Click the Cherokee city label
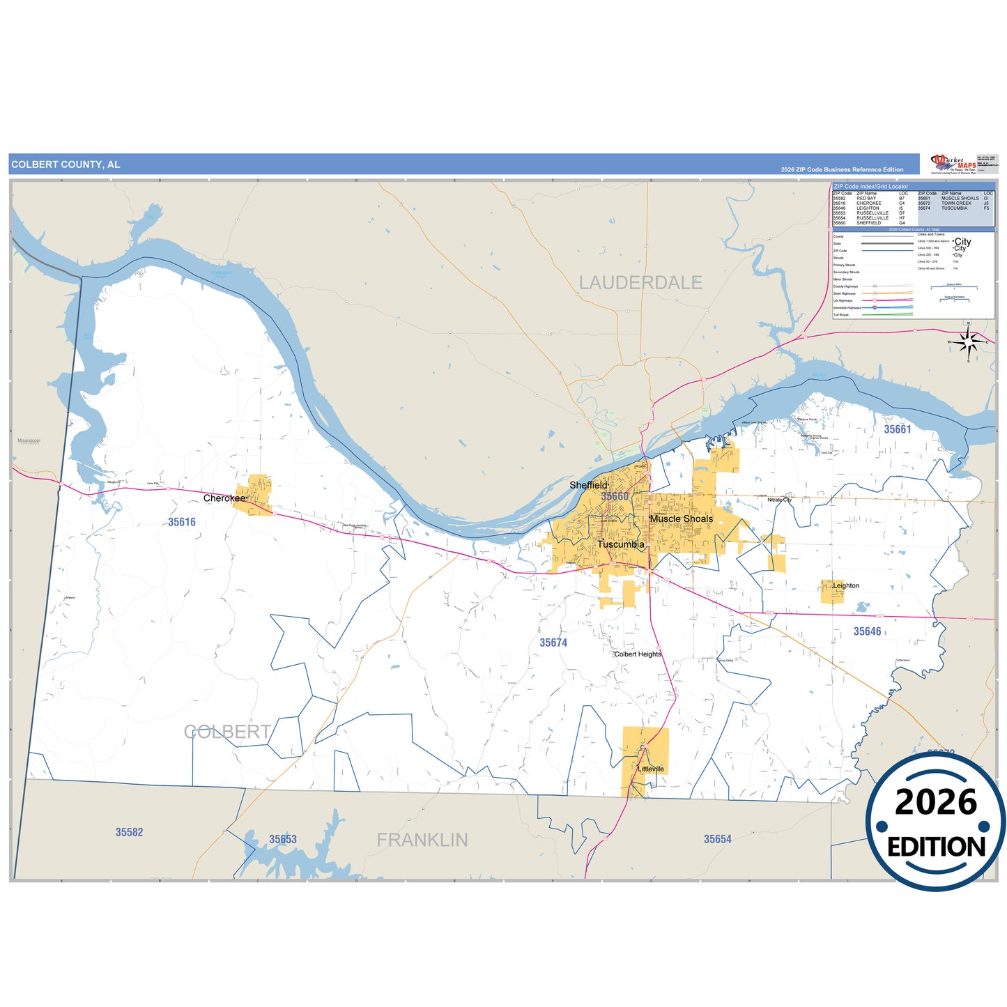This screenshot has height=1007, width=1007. coord(224,498)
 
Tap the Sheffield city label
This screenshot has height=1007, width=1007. coord(588,485)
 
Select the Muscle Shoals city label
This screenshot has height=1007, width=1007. coord(681,518)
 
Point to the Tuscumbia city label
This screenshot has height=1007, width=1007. coord(620,544)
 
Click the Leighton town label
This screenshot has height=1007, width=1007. coord(846,585)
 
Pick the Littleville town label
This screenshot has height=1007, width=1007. coord(651,769)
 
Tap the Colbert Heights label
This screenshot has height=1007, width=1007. coord(638,654)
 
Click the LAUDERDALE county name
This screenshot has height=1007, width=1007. coord(640,282)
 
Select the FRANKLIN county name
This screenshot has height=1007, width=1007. coord(422,840)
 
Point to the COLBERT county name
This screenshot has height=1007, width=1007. coord(227,732)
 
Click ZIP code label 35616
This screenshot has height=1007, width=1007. coord(182,522)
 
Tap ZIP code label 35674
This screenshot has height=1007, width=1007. coord(553,643)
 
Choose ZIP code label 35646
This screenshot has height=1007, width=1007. coord(867,631)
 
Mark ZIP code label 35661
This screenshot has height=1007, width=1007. coord(898,429)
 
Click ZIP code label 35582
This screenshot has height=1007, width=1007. coord(129,832)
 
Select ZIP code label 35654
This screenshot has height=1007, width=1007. coord(717,839)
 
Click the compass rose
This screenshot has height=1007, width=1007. coord(968,341)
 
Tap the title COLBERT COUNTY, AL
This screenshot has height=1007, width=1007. coord(66,164)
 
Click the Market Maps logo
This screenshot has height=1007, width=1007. coord(953,164)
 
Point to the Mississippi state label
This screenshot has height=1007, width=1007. coord(29,441)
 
